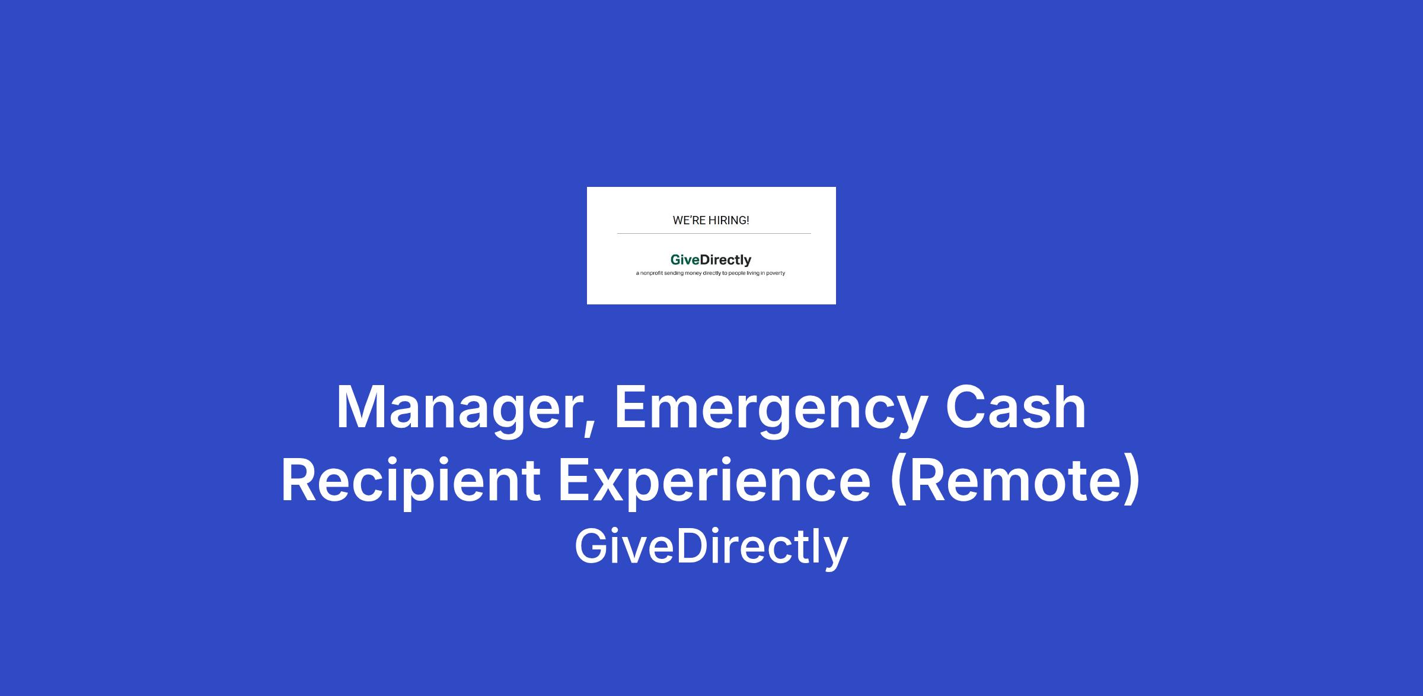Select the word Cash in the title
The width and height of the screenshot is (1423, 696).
click(1016, 406)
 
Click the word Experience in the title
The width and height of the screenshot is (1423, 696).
click(714, 481)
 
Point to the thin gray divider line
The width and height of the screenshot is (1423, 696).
click(714, 234)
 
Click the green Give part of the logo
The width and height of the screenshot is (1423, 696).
click(685, 260)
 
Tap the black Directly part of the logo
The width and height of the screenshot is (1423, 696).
click(726, 260)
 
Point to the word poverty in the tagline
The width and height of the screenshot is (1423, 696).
click(776, 274)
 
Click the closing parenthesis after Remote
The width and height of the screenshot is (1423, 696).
click(1131, 481)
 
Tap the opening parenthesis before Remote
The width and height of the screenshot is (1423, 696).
click(899, 481)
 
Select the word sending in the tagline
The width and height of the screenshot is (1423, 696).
click(674, 274)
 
